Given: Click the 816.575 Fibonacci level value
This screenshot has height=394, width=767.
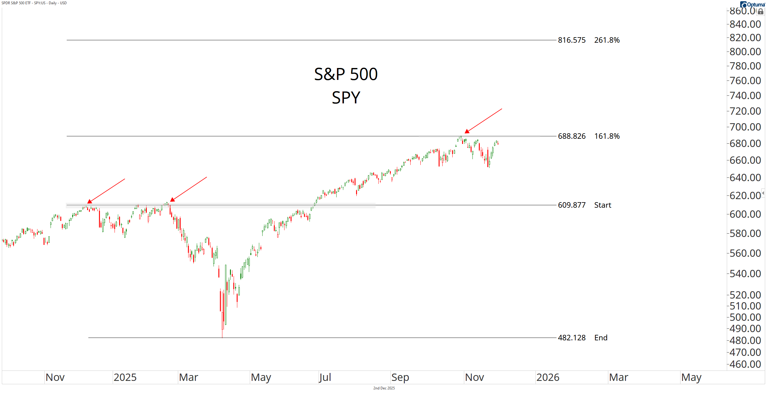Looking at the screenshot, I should click(x=571, y=40).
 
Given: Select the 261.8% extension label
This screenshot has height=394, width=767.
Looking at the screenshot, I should click(x=607, y=40).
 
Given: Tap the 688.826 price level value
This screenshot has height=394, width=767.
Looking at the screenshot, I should click(x=571, y=136).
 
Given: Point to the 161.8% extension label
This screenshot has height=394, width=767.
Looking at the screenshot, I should click(x=607, y=136).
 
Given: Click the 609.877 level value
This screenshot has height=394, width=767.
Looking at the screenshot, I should click(x=571, y=205).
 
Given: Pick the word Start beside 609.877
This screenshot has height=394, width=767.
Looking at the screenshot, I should click(x=603, y=205).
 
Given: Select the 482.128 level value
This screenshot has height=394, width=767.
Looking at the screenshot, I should click(x=571, y=338).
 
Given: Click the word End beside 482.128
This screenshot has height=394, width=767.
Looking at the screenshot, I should click(x=601, y=338).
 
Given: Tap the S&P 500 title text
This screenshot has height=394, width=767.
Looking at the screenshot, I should click(x=346, y=74).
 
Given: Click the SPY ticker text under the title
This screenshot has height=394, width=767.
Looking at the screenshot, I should click(x=346, y=98).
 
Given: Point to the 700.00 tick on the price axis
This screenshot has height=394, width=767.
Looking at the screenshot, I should click(x=745, y=127).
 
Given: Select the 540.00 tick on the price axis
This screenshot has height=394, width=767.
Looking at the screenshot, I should click(x=745, y=274).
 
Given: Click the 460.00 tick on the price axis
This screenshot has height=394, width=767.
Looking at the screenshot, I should click(x=745, y=364).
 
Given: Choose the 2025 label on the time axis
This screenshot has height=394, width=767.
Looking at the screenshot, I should click(x=125, y=378).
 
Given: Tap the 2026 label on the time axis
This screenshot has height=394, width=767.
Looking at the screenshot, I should click(x=548, y=378).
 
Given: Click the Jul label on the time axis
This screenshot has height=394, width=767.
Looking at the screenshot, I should click(x=325, y=378).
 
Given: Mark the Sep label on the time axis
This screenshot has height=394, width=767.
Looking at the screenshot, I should click(x=400, y=378).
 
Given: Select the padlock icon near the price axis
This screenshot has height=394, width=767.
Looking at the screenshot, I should click(x=761, y=12).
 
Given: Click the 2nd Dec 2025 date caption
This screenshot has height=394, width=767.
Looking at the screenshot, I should click(x=384, y=388).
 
